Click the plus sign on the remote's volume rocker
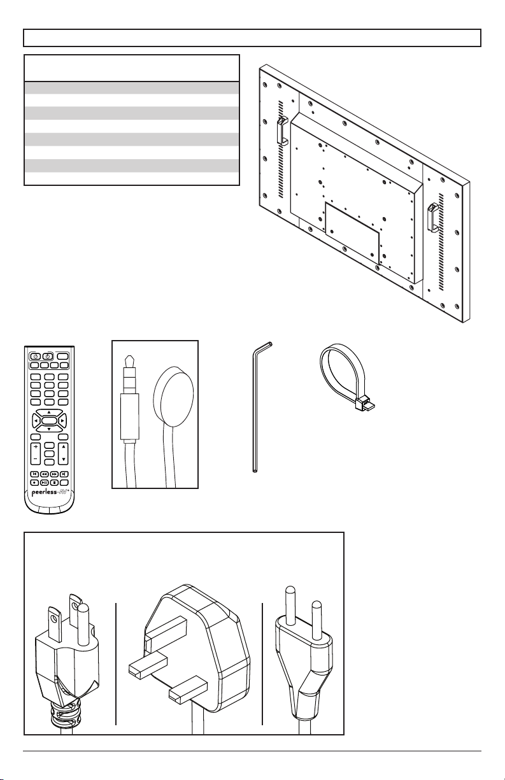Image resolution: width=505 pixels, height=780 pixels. click(x=36, y=448)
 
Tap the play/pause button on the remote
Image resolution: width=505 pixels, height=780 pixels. click(x=43, y=482)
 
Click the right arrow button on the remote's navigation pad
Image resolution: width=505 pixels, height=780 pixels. click(x=62, y=421)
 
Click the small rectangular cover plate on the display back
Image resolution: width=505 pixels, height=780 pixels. click(x=352, y=234)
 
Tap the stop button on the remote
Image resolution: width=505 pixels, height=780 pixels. click(x=55, y=482)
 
